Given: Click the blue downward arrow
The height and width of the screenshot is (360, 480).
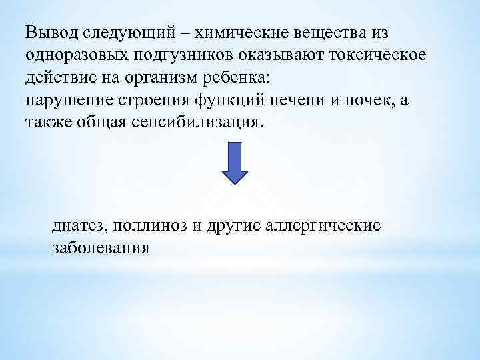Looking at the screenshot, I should coord(234,162).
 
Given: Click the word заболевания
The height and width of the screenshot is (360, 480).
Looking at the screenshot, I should coord(101,248).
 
